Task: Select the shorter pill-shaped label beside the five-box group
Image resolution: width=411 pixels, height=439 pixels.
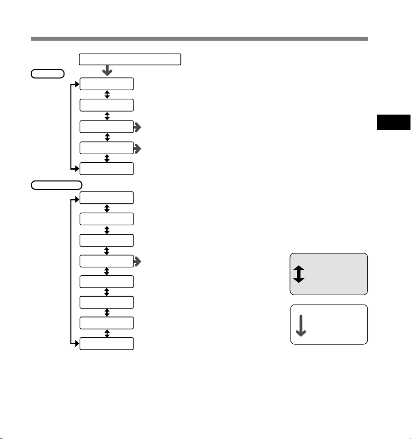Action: (x=47, y=73)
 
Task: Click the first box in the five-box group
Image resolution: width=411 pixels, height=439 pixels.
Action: (x=107, y=84)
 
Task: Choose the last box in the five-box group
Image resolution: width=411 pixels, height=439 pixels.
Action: (x=107, y=169)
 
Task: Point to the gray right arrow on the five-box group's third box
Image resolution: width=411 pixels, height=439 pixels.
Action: (x=137, y=127)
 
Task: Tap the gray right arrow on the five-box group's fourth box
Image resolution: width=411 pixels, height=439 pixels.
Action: (x=137, y=148)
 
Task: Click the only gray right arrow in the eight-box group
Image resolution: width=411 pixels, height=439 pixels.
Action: (x=137, y=261)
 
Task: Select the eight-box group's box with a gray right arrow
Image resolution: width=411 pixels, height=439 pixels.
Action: (x=107, y=261)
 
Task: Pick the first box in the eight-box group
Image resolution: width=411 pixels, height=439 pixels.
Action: (x=107, y=198)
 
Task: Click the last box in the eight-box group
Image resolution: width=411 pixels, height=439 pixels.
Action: (x=107, y=344)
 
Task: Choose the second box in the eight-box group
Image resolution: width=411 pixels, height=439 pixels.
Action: (x=107, y=219)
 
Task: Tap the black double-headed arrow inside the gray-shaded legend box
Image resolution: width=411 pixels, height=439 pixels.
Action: (x=298, y=274)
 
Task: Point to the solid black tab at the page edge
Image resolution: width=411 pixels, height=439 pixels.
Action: (x=393, y=123)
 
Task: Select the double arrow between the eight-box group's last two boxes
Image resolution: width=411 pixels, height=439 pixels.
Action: (x=107, y=334)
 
